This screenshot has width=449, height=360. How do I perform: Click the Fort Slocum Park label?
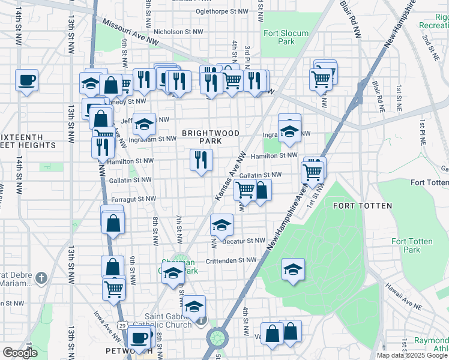tap(286, 37)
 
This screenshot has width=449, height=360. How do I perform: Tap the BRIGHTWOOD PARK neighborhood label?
tap(211, 137)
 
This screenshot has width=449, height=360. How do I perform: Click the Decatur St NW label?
tap(244, 241)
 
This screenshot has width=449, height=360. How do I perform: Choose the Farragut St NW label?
tap(133, 199)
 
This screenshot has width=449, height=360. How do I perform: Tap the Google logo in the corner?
tap(20, 353)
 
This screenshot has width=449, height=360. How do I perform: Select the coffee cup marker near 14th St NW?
tap(26, 80)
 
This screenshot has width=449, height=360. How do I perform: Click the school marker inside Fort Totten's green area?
tap(293, 269)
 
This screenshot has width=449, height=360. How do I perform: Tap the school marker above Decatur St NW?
tap(221, 225)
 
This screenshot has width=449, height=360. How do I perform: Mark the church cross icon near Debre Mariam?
tap(41, 278)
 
